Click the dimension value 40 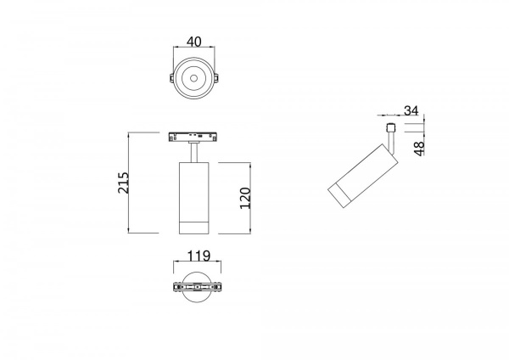point(193,42)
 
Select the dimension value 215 point(123,183)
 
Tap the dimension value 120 point(246,198)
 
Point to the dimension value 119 point(199,256)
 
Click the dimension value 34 point(411,110)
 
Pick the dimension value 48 point(420,149)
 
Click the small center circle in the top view point(193,78)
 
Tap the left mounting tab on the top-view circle point(171,78)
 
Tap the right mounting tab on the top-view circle point(216,78)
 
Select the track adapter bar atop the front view point(193,137)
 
